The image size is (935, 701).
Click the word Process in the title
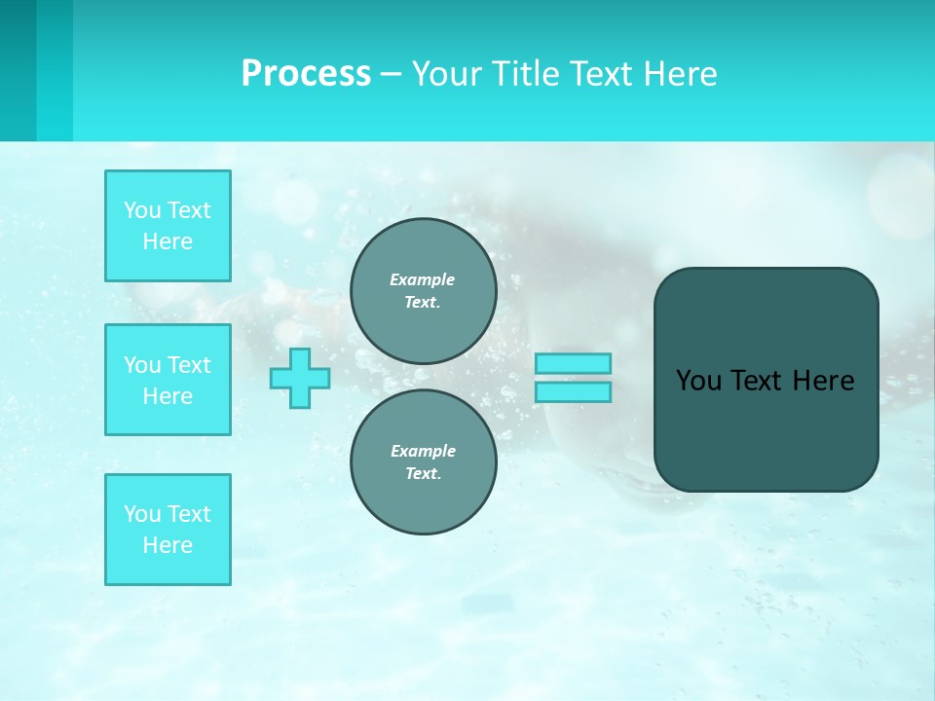(306, 74)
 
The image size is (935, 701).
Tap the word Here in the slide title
(680, 74)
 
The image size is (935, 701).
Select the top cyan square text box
(168, 226)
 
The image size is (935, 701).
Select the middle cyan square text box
(168, 380)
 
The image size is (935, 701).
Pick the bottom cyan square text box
(168, 530)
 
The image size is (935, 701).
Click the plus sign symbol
(300, 378)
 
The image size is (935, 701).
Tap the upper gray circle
(423, 291)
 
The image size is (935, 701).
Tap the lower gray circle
(423, 462)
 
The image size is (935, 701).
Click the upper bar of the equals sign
(573, 363)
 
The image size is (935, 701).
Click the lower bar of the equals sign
(573, 391)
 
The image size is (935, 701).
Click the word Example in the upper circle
(423, 279)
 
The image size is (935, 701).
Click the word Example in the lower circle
(423, 451)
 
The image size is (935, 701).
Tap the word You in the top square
(142, 210)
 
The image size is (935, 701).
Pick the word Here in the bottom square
(168, 545)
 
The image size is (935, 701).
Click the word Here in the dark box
(823, 381)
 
